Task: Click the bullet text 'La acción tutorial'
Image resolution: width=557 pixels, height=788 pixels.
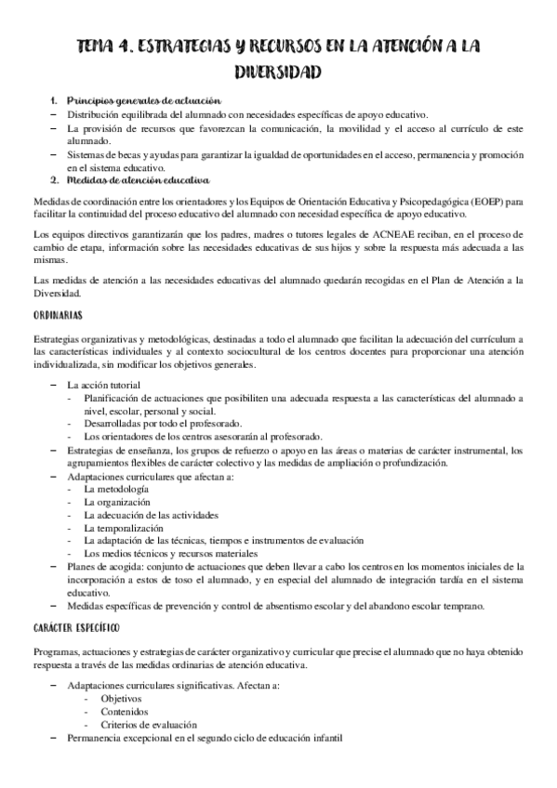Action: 104,384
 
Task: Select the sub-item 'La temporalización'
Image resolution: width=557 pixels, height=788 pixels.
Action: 123,527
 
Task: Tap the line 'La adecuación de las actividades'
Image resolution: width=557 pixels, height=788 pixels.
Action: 151,514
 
